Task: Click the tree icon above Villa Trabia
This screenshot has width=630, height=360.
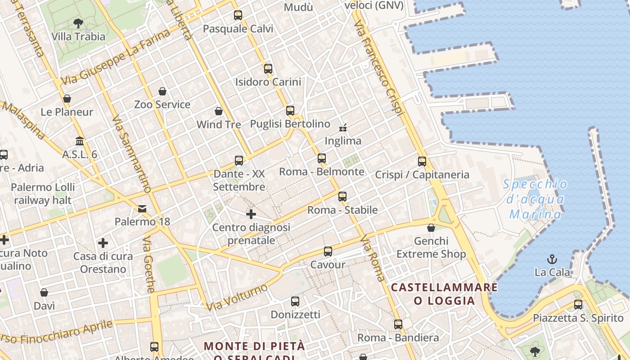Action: point(78,23)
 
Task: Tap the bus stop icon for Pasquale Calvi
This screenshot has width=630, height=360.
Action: point(238,15)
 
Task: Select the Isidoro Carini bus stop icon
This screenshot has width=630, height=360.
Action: point(268,69)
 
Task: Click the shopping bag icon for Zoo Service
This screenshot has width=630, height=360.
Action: point(162,91)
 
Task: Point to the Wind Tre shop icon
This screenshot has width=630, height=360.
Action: point(219,111)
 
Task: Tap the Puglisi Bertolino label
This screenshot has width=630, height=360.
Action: point(290,124)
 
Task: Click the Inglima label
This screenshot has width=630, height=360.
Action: point(343,141)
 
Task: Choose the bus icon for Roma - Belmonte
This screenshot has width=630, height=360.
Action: point(321,158)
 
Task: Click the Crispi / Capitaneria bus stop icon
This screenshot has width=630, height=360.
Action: point(422,162)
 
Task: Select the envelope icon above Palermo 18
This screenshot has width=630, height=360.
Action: point(142,208)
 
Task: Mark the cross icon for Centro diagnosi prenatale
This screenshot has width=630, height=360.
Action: point(251,214)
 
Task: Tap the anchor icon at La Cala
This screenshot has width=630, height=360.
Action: point(552,259)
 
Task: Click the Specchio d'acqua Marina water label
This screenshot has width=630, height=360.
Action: point(535,199)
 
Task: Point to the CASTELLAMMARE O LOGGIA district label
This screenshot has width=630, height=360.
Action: point(444,294)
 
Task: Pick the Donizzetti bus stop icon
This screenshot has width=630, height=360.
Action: point(295,301)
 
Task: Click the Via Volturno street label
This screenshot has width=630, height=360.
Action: point(238,297)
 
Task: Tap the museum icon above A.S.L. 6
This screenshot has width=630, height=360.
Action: point(80,141)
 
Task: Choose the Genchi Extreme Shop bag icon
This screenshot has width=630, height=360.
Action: point(431,228)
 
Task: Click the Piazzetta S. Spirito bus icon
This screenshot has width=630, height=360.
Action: point(578,305)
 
